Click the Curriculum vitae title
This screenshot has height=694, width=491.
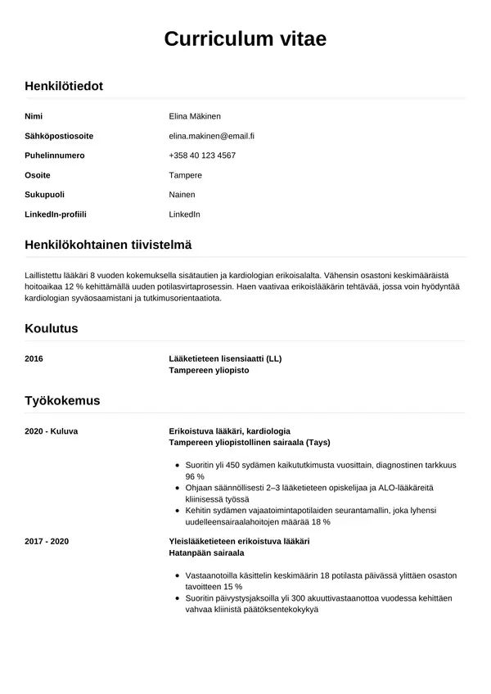click(x=245, y=39)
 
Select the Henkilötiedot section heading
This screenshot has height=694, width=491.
click(x=64, y=85)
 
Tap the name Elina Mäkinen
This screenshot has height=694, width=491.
click(x=195, y=116)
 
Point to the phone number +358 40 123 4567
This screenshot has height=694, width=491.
click(x=202, y=155)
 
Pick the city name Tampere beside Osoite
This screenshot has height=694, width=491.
click(x=185, y=175)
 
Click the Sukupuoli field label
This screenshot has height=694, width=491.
click(x=45, y=195)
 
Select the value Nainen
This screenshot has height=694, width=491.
click(x=182, y=195)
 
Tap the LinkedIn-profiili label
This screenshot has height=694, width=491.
click(x=56, y=214)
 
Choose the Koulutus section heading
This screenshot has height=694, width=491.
click(x=52, y=328)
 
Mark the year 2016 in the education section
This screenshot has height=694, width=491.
click(x=34, y=358)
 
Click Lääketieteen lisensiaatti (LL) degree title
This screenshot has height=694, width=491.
click(x=225, y=358)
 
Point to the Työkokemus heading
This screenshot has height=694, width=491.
click(x=63, y=400)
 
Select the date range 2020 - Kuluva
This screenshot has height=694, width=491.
click(x=52, y=430)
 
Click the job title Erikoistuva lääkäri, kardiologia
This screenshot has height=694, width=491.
click(x=229, y=430)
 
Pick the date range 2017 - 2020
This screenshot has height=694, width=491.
click(x=47, y=541)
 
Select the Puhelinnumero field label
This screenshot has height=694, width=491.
click(x=55, y=155)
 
